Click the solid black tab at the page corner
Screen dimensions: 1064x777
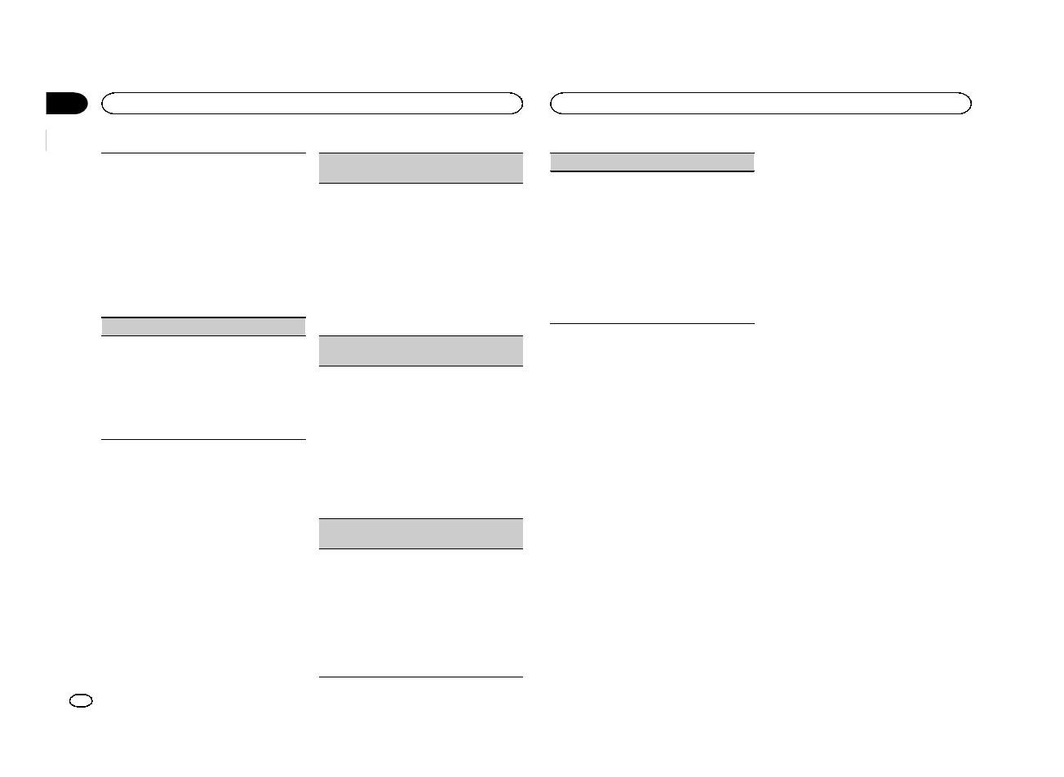pos(65,104)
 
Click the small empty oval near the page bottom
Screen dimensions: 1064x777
pos(82,700)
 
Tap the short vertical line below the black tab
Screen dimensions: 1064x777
pos(47,140)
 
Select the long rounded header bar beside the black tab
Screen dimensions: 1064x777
pos(311,104)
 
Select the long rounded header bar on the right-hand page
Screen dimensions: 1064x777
pos(760,104)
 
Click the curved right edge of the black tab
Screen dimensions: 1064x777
pos(83,104)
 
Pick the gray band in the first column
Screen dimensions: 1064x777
pos(203,326)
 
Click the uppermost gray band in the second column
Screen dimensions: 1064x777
pos(419,168)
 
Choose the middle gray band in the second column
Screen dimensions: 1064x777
pos(419,351)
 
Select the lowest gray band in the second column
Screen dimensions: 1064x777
pos(419,534)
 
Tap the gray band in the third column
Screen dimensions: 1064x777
pos(652,162)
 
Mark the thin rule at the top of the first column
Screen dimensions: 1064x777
pos(203,153)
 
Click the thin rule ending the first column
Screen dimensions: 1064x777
pos(203,440)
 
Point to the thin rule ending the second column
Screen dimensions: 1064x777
pos(419,677)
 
